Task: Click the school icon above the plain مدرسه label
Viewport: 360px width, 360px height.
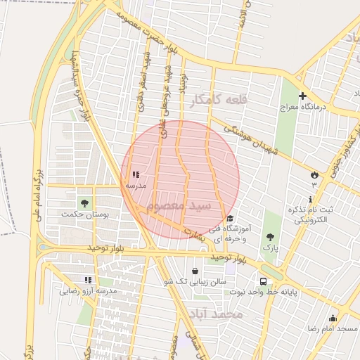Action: tap(135, 174)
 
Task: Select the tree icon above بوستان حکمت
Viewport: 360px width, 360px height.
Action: tap(84, 202)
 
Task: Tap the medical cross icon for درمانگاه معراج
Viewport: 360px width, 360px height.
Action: tap(302, 96)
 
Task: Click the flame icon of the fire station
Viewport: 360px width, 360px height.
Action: tap(314, 174)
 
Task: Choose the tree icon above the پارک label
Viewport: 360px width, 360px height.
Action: tap(271, 237)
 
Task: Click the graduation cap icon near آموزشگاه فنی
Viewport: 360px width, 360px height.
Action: tap(230, 218)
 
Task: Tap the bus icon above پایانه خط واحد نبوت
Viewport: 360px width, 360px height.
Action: tap(263, 281)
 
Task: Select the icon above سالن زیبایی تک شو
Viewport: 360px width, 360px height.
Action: tap(195, 271)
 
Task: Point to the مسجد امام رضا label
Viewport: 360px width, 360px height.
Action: tap(332, 328)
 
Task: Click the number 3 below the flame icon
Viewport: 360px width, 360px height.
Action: tap(314, 185)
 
